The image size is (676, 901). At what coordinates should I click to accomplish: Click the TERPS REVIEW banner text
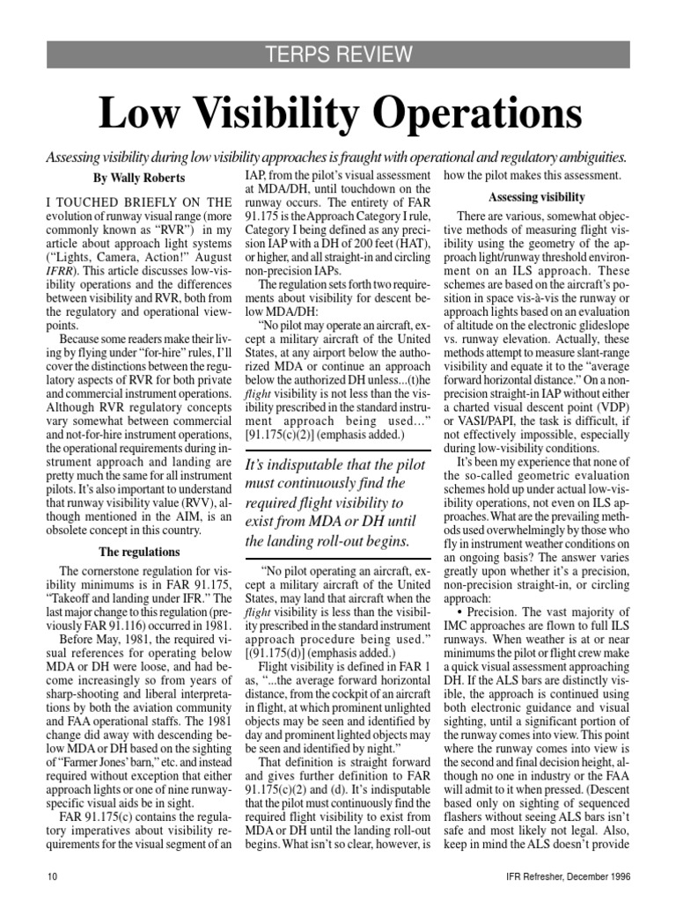coord(338,55)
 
